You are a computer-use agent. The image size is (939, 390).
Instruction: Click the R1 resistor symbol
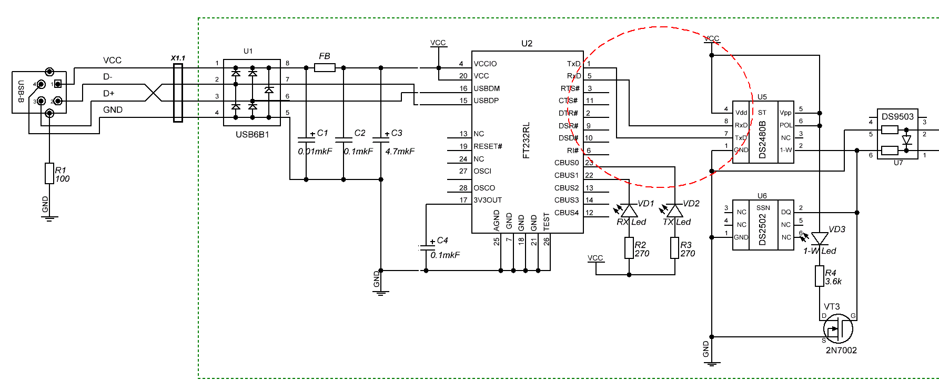(x=49, y=173)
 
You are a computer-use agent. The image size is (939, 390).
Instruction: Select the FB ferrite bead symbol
(x=325, y=67)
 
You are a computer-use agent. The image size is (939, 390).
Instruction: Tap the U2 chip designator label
(x=527, y=44)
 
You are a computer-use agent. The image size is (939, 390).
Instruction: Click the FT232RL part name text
(x=527, y=141)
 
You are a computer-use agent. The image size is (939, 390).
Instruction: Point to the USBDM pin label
(x=487, y=88)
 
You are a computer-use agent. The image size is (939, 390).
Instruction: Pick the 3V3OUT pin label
(x=488, y=200)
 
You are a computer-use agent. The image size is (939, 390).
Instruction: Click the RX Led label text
(x=631, y=222)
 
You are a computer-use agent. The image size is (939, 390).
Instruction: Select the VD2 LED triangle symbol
(x=675, y=211)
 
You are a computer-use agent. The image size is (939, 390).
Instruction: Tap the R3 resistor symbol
(x=675, y=248)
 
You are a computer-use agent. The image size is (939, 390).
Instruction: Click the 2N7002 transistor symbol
(x=837, y=329)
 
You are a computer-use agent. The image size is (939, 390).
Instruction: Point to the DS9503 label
(x=897, y=116)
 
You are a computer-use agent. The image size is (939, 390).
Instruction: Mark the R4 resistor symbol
(x=819, y=276)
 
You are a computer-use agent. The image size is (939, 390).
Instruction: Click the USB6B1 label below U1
(x=252, y=135)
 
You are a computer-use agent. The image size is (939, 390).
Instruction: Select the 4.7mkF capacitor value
(x=400, y=152)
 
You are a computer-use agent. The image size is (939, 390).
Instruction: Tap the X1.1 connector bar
(x=178, y=93)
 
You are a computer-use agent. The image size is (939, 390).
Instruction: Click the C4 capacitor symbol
(x=426, y=246)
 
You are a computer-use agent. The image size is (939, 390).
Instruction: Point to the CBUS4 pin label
(x=566, y=213)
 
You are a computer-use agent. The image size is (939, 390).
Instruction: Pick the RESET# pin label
(x=488, y=146)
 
